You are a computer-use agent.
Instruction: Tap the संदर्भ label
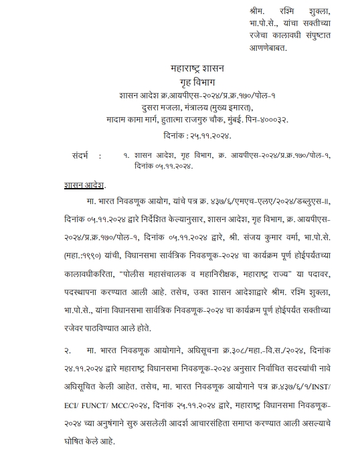pos(84,155)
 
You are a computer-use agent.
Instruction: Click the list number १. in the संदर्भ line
pos(126,155)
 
